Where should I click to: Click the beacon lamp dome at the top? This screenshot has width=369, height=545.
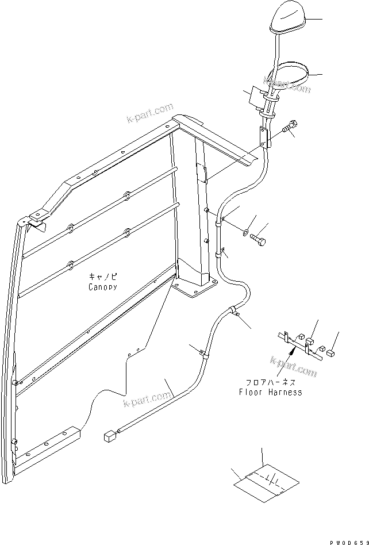coord(285,21)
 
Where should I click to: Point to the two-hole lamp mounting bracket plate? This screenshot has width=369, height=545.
coord(264,138)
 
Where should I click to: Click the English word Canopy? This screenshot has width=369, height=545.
coord(103,286)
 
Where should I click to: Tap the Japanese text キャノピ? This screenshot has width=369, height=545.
coord(103,277)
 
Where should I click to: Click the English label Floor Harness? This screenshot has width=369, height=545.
coord(270,393)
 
